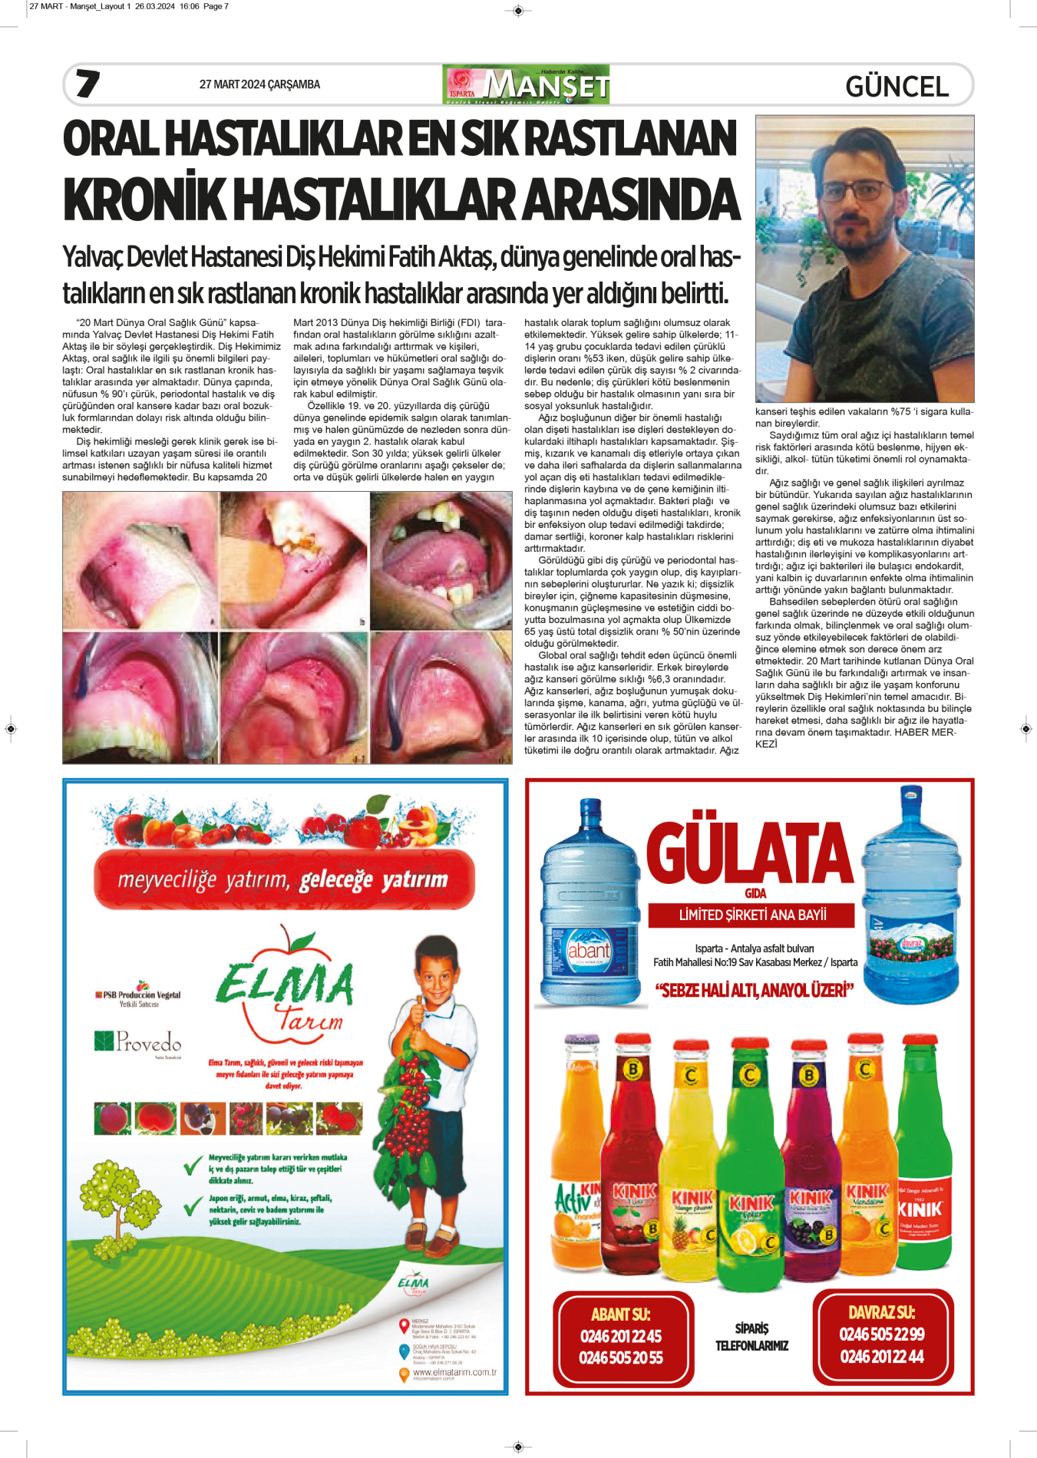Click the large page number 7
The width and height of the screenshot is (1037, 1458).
pos(88,84)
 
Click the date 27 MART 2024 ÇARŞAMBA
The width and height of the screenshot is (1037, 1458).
pos(259,84)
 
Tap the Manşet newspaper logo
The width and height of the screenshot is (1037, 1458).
pos(526,84)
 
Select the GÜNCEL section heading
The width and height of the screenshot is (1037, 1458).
pos(897,87)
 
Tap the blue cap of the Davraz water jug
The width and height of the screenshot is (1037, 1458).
pos(912,795)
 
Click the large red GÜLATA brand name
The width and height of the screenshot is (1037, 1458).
pos(749,854)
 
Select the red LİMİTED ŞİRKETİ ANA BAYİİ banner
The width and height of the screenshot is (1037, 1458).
pos(751,915)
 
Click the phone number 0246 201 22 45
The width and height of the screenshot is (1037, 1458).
pos(621,1336)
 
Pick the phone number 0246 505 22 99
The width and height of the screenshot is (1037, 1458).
pos(882,1334)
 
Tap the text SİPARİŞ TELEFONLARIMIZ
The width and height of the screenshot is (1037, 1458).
pos(751,1337)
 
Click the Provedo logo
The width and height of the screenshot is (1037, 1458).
pos(138,1041)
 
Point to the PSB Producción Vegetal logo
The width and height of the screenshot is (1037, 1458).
pos(138,996)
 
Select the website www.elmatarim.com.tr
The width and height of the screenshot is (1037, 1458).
pos(454,1372)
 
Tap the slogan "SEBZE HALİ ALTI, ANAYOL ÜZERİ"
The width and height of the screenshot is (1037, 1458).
pos(755,991)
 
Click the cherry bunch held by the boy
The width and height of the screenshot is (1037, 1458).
pos(409,1105)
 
